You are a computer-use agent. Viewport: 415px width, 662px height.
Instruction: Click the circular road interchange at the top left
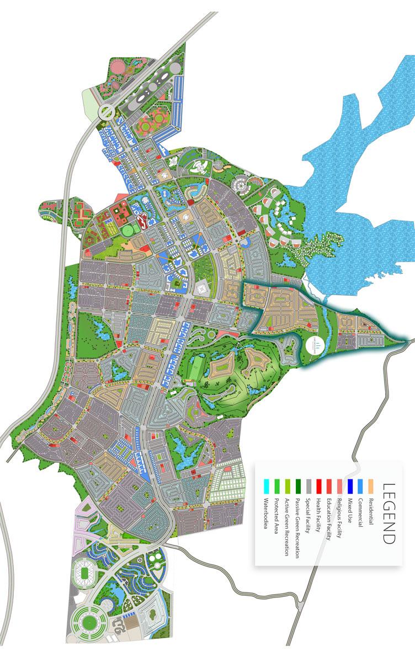coord(106,113)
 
